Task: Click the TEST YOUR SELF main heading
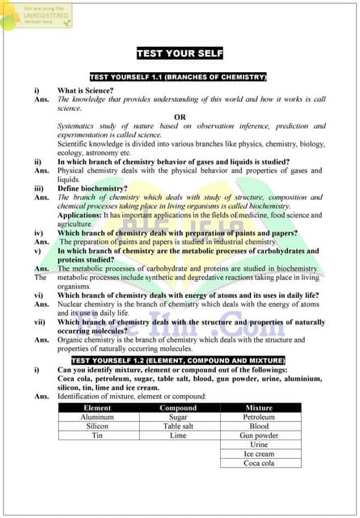[179, 53]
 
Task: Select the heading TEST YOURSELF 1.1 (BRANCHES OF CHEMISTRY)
[179, 78]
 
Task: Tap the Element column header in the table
[98, 408]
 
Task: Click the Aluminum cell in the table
[98, 417]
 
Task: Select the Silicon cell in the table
[98, 426]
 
